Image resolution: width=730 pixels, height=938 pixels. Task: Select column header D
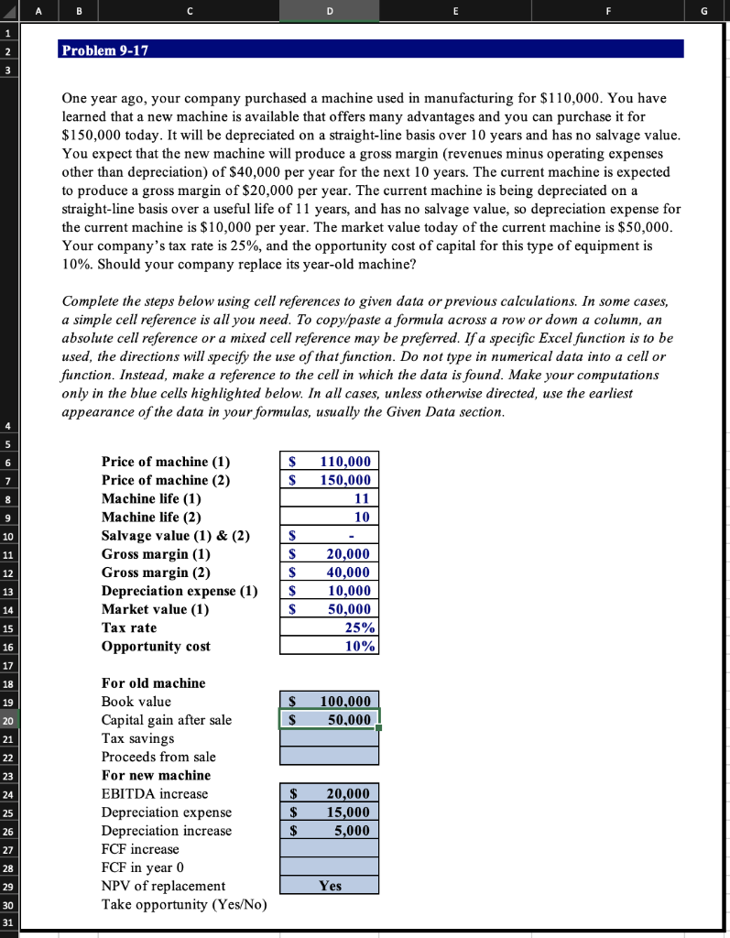click(329, 11)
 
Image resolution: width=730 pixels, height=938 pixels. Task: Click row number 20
click(8, 720)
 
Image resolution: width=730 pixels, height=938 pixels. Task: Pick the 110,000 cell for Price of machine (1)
click(329, 462)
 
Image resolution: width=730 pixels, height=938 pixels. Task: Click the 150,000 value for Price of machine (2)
click(329, 480)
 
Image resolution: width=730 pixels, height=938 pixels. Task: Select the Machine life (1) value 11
click(329, 498)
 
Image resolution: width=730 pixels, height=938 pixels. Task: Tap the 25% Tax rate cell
click(329, 627)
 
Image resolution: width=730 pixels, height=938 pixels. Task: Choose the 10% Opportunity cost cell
click(329, 646)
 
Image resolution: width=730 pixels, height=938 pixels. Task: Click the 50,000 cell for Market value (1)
click(329, 609)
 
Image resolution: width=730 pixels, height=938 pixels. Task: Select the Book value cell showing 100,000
click(329, 702)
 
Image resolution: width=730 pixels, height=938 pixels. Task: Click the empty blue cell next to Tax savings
click(329, 738)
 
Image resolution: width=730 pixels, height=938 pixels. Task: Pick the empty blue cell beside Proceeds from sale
click(329, 757)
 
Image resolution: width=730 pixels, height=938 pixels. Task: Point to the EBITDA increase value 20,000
click(329, 794)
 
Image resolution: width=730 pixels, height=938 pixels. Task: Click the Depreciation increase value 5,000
click(329, 831)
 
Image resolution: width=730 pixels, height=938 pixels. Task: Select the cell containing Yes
click(329, 886)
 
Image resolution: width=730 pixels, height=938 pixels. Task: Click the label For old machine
click(153, 683)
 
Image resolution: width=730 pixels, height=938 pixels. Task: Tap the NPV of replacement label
click(162, 886)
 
